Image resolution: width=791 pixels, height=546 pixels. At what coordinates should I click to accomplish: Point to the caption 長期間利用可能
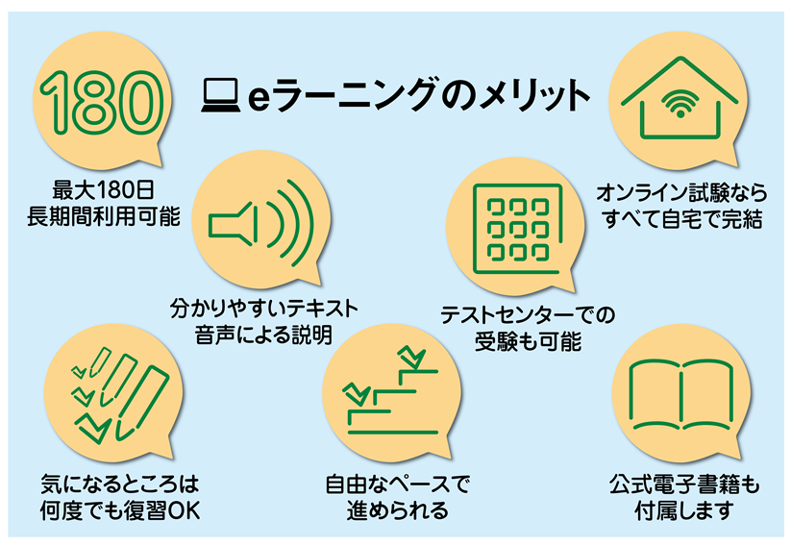pos(105,216)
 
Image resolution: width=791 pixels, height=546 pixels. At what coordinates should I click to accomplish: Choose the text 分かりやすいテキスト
pos(263,310)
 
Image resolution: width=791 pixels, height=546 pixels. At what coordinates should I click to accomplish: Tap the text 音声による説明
pos(263,336)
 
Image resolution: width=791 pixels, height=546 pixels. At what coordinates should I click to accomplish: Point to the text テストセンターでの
pos(528,315)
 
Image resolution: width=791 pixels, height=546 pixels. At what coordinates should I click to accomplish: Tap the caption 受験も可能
pos(528,341)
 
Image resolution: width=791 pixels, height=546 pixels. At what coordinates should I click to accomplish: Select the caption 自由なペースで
pos(398,481)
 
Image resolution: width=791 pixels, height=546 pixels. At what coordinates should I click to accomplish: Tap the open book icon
pos(680,393)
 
